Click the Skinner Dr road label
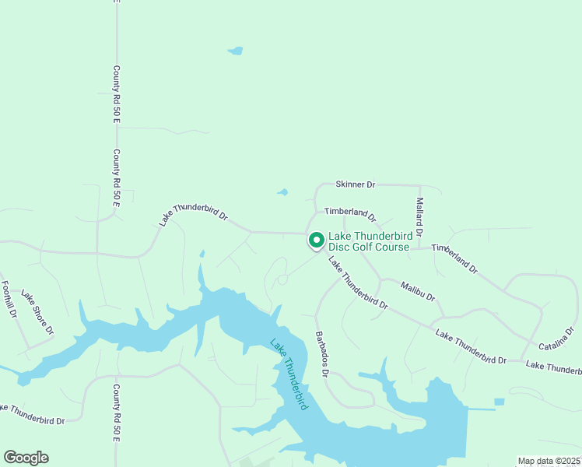click(x=355, y=184)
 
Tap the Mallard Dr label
click(x=419, y=217)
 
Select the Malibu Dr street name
click(x=418, y=292)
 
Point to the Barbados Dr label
click(x=321, y=354)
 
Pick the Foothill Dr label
click(x=9, y=300)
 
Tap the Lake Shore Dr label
click(x=37, y=312)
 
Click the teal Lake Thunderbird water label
click(x=288, y=374)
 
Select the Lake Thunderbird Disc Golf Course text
click(x=368, y=241)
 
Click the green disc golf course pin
click(x=316, y=241)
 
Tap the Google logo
click(x=26, y=458)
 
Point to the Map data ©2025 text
click(x=548, y=461)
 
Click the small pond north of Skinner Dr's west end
click(x=282, y=192)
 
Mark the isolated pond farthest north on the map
click(x=235, y=51)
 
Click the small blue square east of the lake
click(x=499, y=402)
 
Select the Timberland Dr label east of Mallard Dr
click(x=454, y=257)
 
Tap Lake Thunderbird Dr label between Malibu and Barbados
click(x=357, y=283)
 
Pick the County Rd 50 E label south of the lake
click(x=116, y=413)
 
